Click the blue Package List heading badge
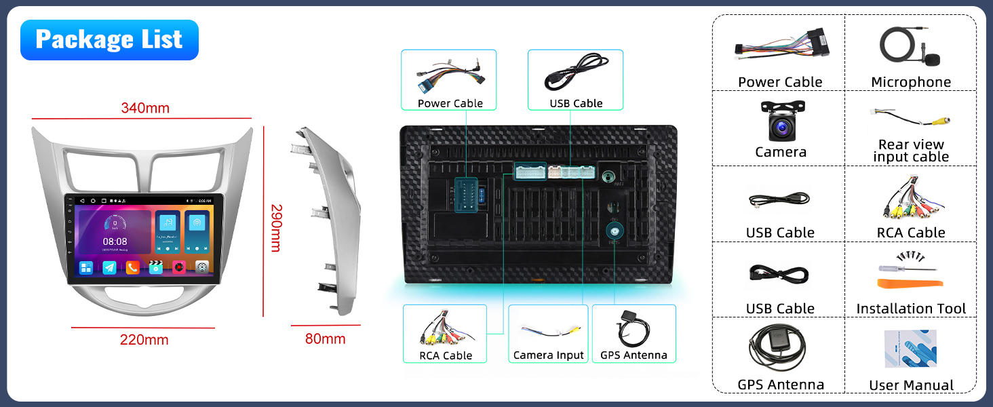(109, 40)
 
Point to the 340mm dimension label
(145, 108)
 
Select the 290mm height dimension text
(275, 228)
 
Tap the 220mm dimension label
(144, 340)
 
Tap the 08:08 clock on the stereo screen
(115, 241)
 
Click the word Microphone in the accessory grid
(911, 82)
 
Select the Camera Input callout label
(548, 355)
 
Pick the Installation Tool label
(911, 309)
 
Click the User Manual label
(911, 385)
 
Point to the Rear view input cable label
(911, 151)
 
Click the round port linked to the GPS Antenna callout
(615, 232)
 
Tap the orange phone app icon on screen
(132, 267)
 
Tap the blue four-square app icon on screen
(86, 267)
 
